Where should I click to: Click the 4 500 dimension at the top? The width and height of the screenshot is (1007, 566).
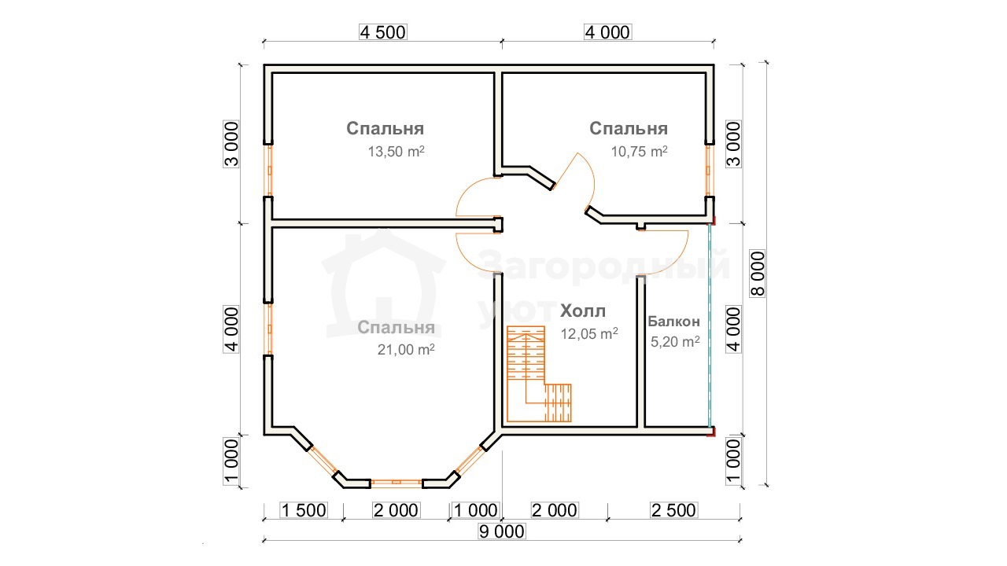[x=383, y=32]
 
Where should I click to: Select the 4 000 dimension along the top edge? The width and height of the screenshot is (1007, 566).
[x=608, y=32]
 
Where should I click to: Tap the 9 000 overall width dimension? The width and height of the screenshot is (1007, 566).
[x=502, y=532]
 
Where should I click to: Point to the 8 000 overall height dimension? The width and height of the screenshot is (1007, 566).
[x=758, y=274]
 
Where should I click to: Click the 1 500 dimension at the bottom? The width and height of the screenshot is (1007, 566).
[x=304, y=510]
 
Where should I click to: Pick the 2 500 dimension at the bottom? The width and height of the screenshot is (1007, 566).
[x=674, y=510]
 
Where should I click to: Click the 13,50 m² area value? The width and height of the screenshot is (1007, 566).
[x=396, y=152]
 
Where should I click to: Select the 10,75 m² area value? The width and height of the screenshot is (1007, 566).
[x=639, y=152]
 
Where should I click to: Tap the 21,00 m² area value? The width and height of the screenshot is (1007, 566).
[x=406, y=349]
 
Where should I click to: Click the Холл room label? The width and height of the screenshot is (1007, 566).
[x=583, y=311]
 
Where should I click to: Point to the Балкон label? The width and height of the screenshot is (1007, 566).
[x=674, y=322]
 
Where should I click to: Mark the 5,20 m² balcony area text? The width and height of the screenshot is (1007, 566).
[x=675, y=341]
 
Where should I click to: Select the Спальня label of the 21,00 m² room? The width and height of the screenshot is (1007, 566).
[x=396, y=328]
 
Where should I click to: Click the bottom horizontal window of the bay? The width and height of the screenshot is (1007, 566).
[x=397, y=483]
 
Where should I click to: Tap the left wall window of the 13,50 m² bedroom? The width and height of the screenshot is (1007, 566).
[x=268, y=171]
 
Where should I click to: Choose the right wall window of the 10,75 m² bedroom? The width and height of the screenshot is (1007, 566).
[x=710, y=171]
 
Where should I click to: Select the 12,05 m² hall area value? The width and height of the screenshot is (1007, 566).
[x=589, y=334]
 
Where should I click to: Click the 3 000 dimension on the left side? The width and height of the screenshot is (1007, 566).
[x=231, y=144]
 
